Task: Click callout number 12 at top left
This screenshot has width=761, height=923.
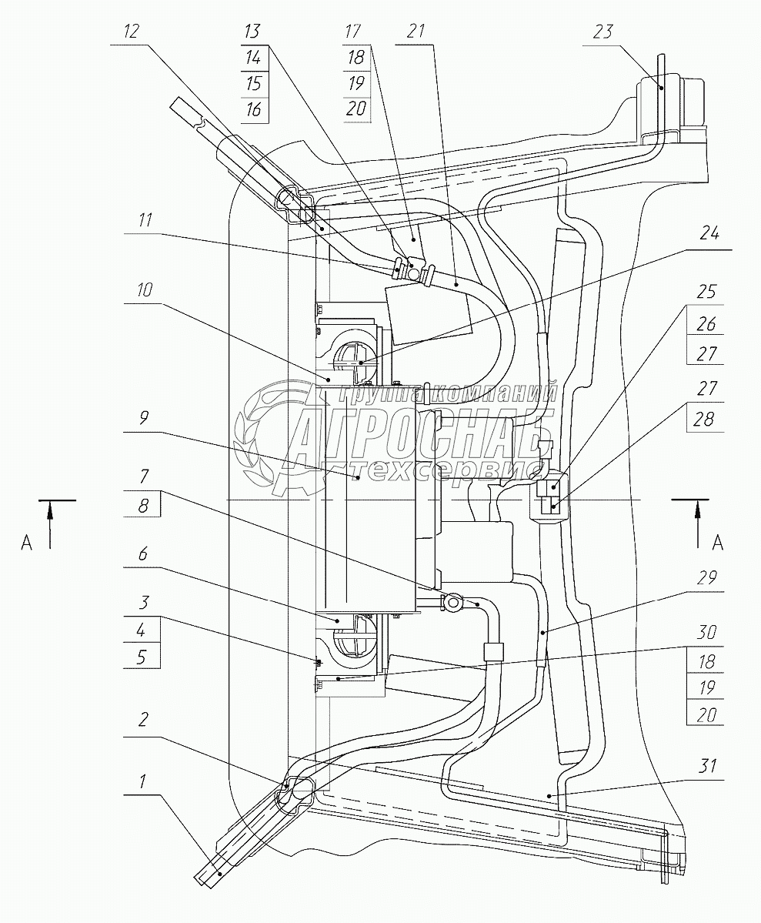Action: [x=132, y=32]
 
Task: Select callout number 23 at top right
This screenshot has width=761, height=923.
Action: [x=602, y=32]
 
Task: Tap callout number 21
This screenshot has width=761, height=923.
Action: [x=416, y=32]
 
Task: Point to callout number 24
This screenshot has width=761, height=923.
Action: [x=709, y=234]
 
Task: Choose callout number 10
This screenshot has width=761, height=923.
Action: [x=144, y=289]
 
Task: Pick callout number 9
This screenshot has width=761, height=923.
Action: [x=144, y=417]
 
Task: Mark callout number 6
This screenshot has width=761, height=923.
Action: [x=143, y=554]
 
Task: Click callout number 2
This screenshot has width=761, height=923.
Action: [x=143, y=719]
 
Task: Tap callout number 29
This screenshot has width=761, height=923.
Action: [x=706, y=577]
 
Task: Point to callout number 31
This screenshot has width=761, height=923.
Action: [x=707, y=766]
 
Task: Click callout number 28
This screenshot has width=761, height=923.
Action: [x=705, y=419]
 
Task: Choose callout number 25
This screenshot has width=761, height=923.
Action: [x=706, y=292]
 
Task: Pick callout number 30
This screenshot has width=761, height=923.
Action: [x=706, y=632]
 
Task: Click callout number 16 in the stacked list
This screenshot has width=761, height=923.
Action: [x=254, y=109]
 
